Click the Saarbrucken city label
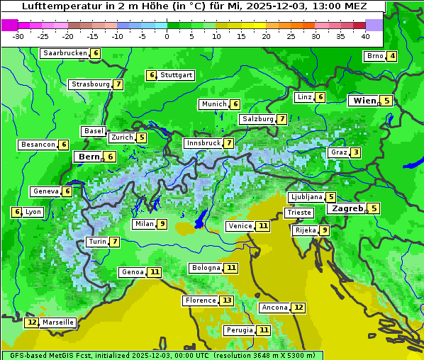point(65,53)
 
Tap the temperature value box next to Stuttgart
point(151,75)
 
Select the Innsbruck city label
point(203,143)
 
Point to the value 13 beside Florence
point(226,300)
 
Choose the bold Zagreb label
point(347,208)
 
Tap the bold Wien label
point(364,101)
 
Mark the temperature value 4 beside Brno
point(392,57)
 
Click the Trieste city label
point(299,213)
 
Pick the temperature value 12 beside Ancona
point(299,308)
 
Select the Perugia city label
point(238,330)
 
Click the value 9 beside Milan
point(162,224)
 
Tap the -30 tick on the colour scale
point(18,36)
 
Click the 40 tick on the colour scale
point(365,36)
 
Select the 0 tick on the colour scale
point(167,36)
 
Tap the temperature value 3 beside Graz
point(356,152)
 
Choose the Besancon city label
point(38,145)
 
